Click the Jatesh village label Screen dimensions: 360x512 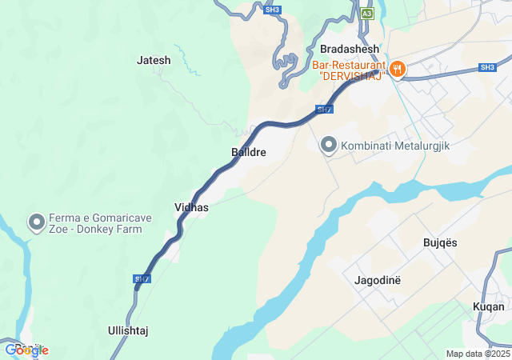coord(154,60)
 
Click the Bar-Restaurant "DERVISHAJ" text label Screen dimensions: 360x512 coord(348,70)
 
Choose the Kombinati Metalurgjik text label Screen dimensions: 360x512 coord(386,146)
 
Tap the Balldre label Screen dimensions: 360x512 coord(248,151)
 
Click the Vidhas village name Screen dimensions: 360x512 coord(191,208)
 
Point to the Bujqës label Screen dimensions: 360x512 coord(440,242)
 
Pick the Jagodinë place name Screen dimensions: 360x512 coord(377,280)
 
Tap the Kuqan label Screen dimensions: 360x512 coord(489,306)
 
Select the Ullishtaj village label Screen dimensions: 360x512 coord(128,330)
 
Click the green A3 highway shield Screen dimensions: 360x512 coord(366,14)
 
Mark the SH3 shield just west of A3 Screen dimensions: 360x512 coord(273,9)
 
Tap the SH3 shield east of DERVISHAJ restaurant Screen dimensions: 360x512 coord(487,67)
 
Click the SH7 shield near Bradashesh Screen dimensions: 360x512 coord(323,109)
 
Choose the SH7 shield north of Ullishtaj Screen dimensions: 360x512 coord(142,279)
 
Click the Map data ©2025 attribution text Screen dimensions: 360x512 coord(478,354)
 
